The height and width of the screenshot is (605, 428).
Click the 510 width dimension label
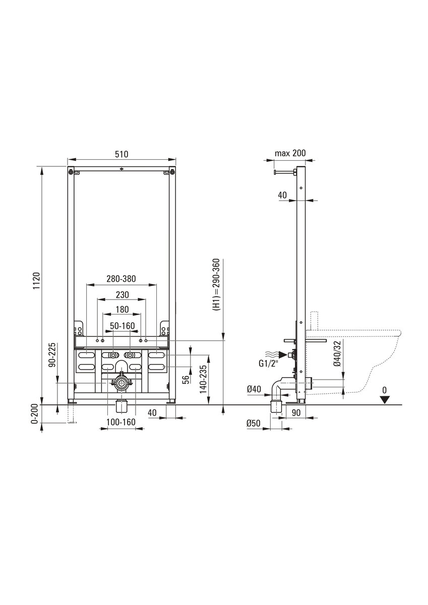tap(121, 154)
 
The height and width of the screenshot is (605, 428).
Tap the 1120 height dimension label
tap(36, 281)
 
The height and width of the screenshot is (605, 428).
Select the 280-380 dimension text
tap(121, 279)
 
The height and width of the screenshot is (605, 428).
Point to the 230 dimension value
tap(123, 294)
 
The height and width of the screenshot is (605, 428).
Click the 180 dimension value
tap(123, 310)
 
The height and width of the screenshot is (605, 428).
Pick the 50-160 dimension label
tap(123, 326)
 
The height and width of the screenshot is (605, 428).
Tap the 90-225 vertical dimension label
tap(52, 354)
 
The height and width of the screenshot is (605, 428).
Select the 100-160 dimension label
tap(120, 421)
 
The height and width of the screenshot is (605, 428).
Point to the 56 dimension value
tap(186, 380)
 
